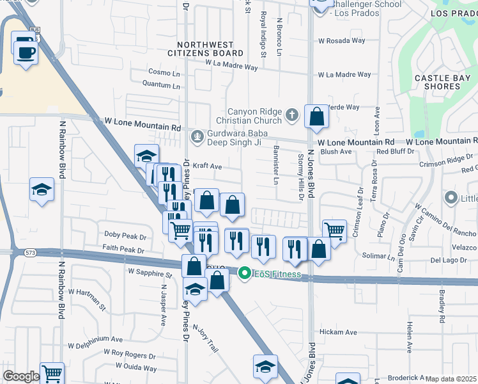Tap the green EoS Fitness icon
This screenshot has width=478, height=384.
pyautogui.click(x=243, y=273)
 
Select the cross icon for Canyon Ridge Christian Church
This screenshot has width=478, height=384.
pyautogui.click(x=291, y=115)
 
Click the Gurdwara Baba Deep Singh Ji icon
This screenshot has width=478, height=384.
pyautogui.click(x=197, y=136)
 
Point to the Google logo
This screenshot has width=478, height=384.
pyautogui.click(x=20, y=376)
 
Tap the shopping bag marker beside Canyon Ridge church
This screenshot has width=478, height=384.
pyautogui.click(x=316, y=116)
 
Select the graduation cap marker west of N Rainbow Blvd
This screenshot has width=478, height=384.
pyautogui.click(x=42, y=189)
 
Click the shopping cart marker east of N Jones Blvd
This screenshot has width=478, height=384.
pyautogui.click(x=334, y=230)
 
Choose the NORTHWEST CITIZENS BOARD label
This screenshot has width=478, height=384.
pyautogui.click(x=210, y=49)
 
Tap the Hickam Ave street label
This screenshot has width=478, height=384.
pyautogui.click(x=338, y=332)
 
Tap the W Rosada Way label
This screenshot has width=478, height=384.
pyautogui.click(x=341, y=40)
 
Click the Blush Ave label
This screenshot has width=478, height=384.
pyautogui.click(x=336, y=152)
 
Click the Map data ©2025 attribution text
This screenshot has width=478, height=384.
pyautogui.click(x=451, y=379)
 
